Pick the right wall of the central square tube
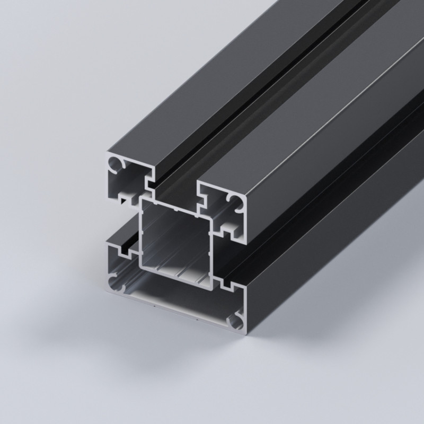click(x=211, y=249)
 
